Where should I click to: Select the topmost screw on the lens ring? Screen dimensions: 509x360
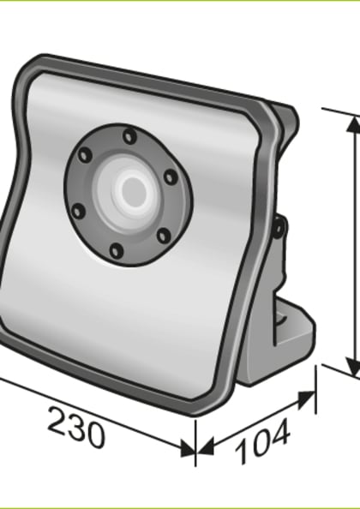[x=129, y=136]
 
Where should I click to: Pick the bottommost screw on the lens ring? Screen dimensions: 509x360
[x=116, y=250]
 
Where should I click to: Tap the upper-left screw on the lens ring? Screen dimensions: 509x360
[x=85, y=155]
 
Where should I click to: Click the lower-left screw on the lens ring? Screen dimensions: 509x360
[x=78, y=210]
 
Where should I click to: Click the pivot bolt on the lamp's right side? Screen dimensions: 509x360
[x=279, y=228]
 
